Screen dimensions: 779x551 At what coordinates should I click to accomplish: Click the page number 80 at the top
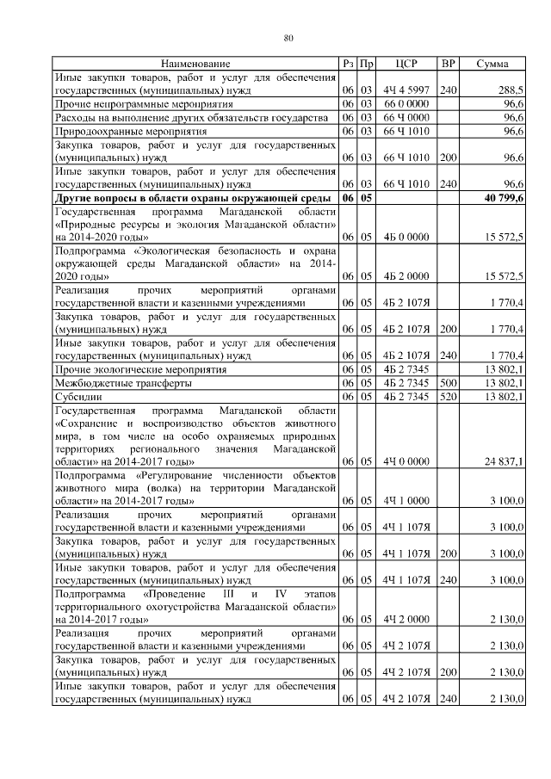pyautogui.click(x=288, y=37)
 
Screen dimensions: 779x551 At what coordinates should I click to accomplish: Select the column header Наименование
pyautogui.click(x=195, y=65)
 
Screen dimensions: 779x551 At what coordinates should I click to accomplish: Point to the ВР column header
pyautogui.click(x=448, y=65)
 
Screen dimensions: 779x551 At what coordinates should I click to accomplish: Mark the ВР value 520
pyautogui.click(x=448, y=397)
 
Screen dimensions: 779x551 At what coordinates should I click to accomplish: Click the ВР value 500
pyautogui.click(x=448, y=383)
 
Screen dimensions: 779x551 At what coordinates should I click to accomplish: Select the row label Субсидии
pyautogui.click(x=78, y=397)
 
